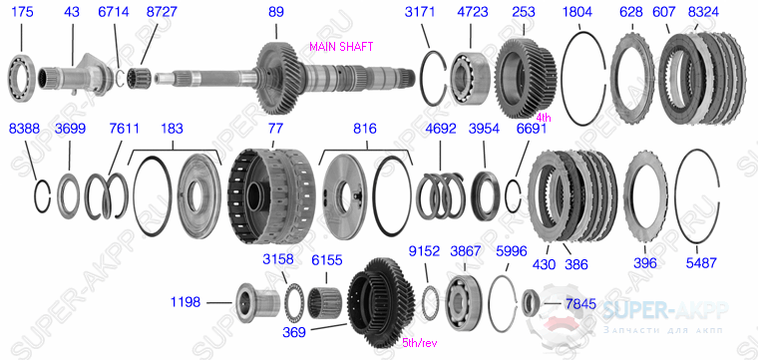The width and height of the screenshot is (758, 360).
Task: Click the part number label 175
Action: click(x=22, y=12)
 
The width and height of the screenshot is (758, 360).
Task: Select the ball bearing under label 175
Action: click(x=21, y=78)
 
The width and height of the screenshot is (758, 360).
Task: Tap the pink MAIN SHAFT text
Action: click(x=341, y=47)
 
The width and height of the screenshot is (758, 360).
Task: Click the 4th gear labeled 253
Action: click(x=526, y=78)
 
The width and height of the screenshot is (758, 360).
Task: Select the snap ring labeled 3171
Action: click(x=433, y=78)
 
